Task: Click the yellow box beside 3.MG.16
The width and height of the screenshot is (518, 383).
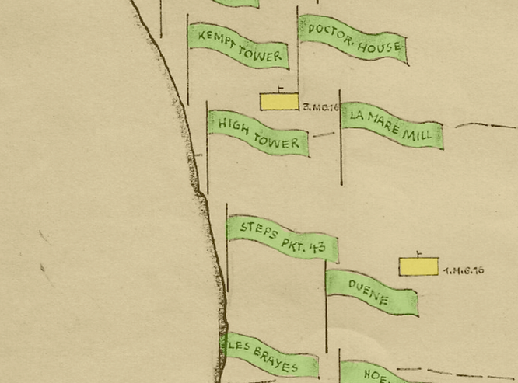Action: (279, 102)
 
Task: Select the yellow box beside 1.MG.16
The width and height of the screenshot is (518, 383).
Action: (418, 266)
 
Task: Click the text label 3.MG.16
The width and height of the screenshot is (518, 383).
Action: (320, 107)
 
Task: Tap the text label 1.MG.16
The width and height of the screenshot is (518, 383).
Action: (464, 271)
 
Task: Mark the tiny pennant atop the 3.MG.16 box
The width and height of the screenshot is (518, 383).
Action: (281, 89)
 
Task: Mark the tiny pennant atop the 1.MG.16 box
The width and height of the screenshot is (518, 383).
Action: (420, 253)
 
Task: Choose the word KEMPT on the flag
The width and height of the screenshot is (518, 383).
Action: (215, 38)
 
